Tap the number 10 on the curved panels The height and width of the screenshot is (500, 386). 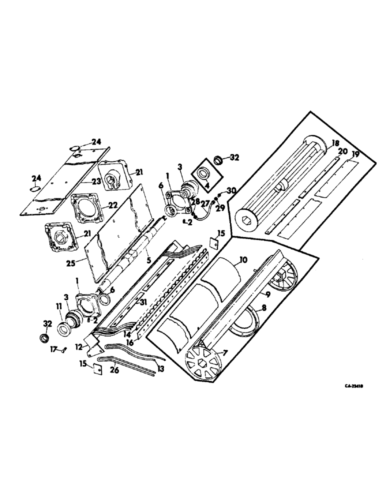(243, 260)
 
